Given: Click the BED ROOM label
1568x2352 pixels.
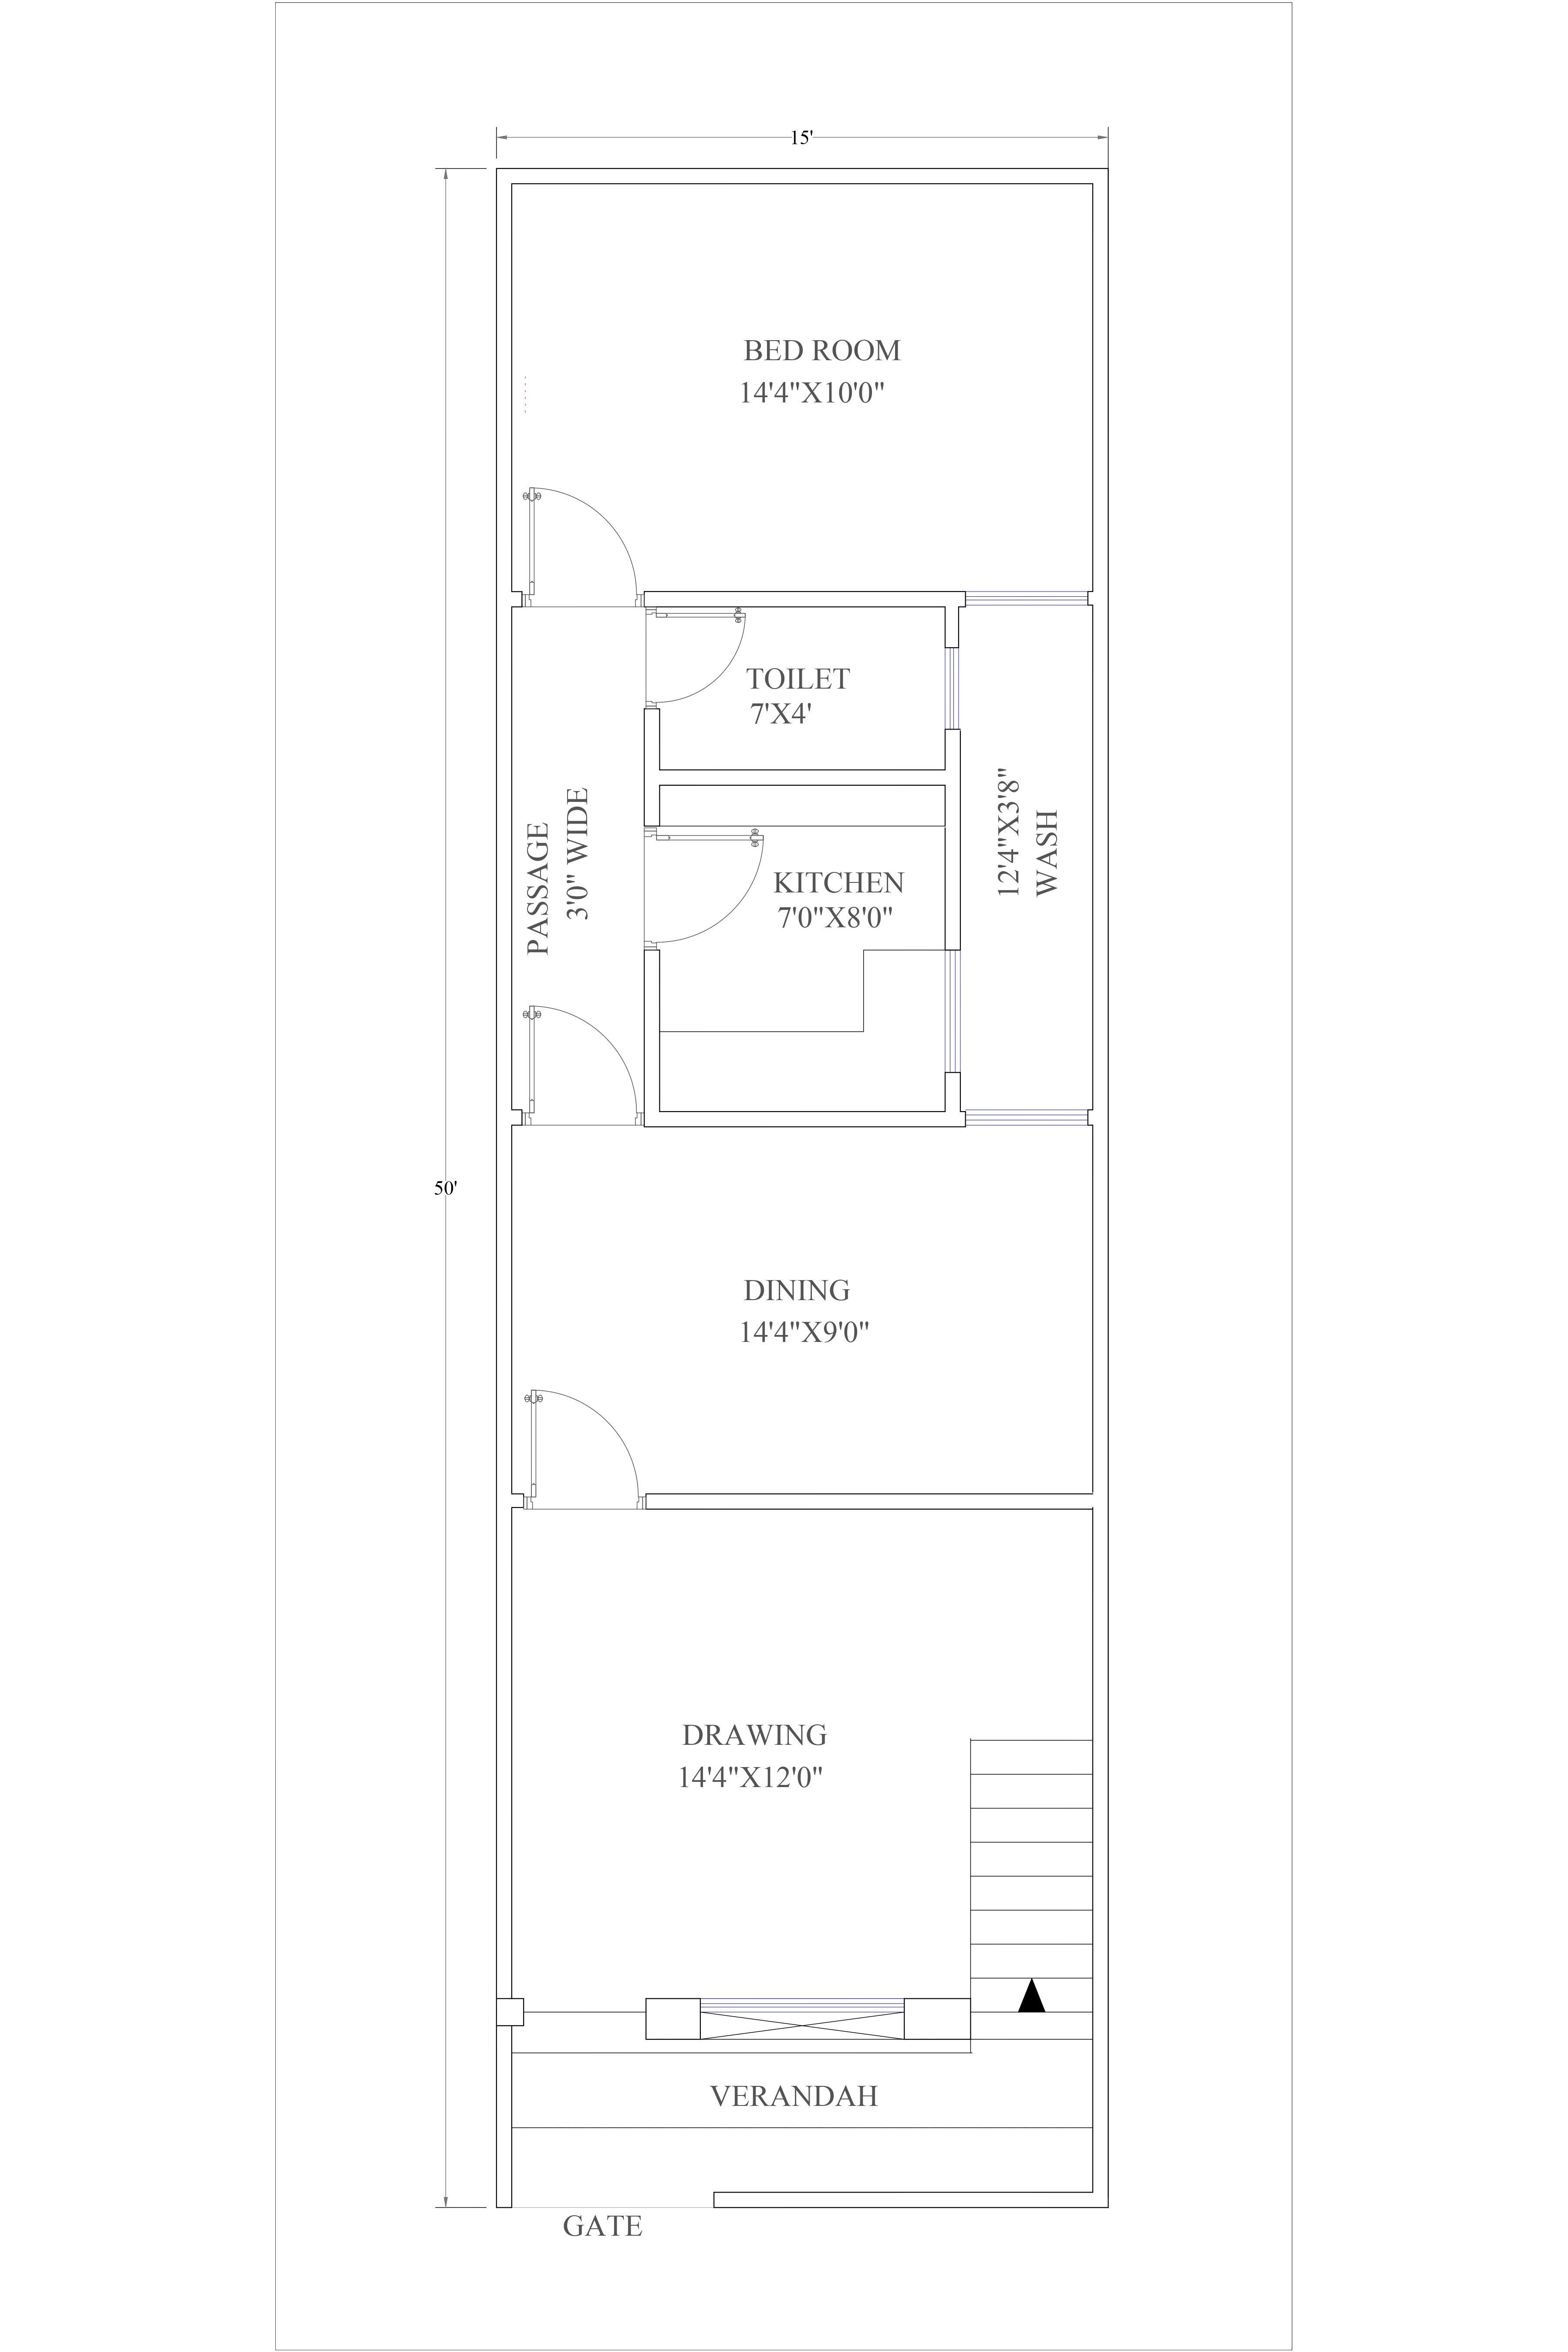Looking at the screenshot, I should pos(821,351).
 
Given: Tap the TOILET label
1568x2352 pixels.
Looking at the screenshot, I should pos(797,679).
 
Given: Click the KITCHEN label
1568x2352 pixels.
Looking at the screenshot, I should pos(838,883).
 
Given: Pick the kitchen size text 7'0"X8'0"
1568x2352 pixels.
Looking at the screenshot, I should pos(835,917).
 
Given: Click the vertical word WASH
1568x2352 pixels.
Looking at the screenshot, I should pos(1046,853).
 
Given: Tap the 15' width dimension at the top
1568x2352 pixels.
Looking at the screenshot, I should pos(802,138).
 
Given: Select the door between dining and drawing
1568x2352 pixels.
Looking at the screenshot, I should pos(585,1450).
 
